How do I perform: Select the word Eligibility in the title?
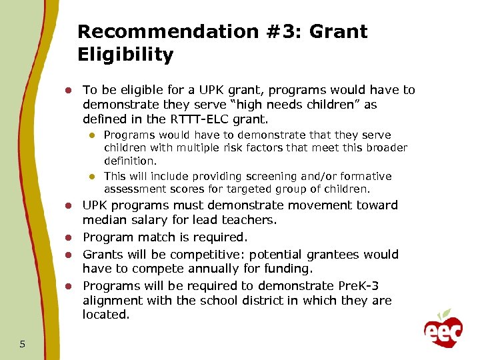125,55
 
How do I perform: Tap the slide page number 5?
23,344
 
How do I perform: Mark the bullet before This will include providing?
93,177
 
